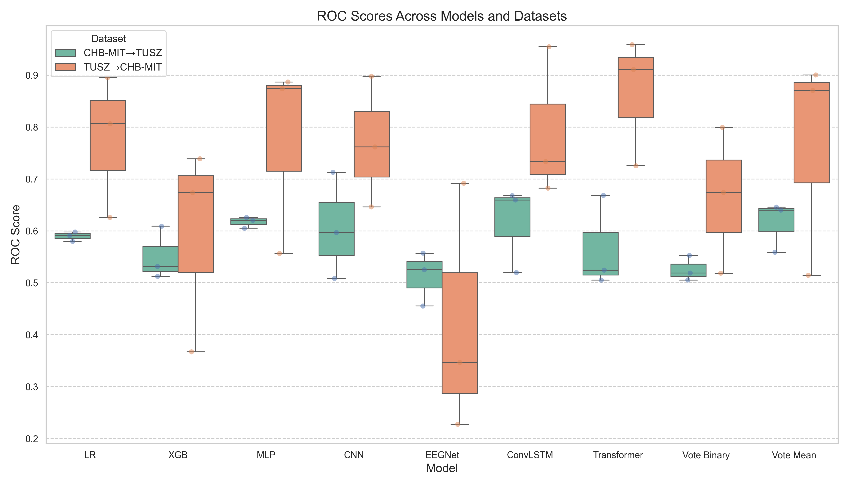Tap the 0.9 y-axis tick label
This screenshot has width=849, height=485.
coord(32,76)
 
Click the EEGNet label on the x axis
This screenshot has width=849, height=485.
coord(442,455)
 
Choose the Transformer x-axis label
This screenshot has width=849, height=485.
coord(618,455)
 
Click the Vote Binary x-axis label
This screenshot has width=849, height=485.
coord(706,455)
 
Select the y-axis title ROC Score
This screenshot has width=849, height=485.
coord(15,235)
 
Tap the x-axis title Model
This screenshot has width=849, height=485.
coord(442,468)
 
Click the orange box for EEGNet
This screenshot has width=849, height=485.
coord(459,333)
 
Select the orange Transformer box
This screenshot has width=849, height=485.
coord(635,87)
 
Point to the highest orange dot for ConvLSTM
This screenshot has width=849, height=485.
coord(549,47)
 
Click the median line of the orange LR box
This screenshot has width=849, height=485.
coord(108,124)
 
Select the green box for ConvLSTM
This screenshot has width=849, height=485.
coord(512,217)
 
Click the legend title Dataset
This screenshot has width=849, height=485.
coord(108,39)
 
